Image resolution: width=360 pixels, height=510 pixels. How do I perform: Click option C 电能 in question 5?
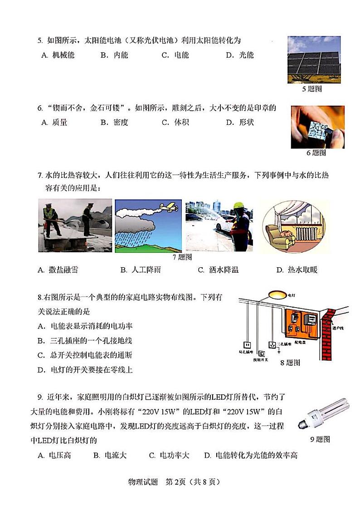(175, 55)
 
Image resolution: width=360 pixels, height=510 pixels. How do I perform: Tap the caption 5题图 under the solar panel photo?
(311, 89)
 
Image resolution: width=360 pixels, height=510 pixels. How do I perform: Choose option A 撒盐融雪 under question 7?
(58, 270)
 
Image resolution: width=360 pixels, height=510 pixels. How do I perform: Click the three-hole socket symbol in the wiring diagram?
(272, 345)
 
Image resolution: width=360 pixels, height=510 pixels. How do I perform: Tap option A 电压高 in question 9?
(54, 455)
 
